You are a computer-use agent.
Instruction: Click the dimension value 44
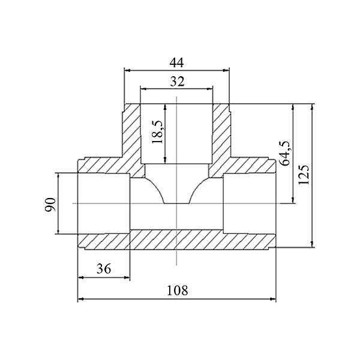pos(176,62)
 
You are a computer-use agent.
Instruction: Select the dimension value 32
pos(177,81)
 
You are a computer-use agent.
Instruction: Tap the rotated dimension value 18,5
pos(158,132)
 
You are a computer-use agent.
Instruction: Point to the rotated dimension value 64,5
pos(284,153)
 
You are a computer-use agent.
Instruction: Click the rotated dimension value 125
pos(304,174)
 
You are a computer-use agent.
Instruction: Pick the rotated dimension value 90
pos(50,205)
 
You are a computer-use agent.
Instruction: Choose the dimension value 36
pos(104,269)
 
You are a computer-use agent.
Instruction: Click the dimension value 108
pos(177,290)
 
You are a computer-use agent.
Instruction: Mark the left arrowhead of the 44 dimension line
pos(127,70)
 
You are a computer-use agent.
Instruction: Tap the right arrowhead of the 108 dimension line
pos(273,299)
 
